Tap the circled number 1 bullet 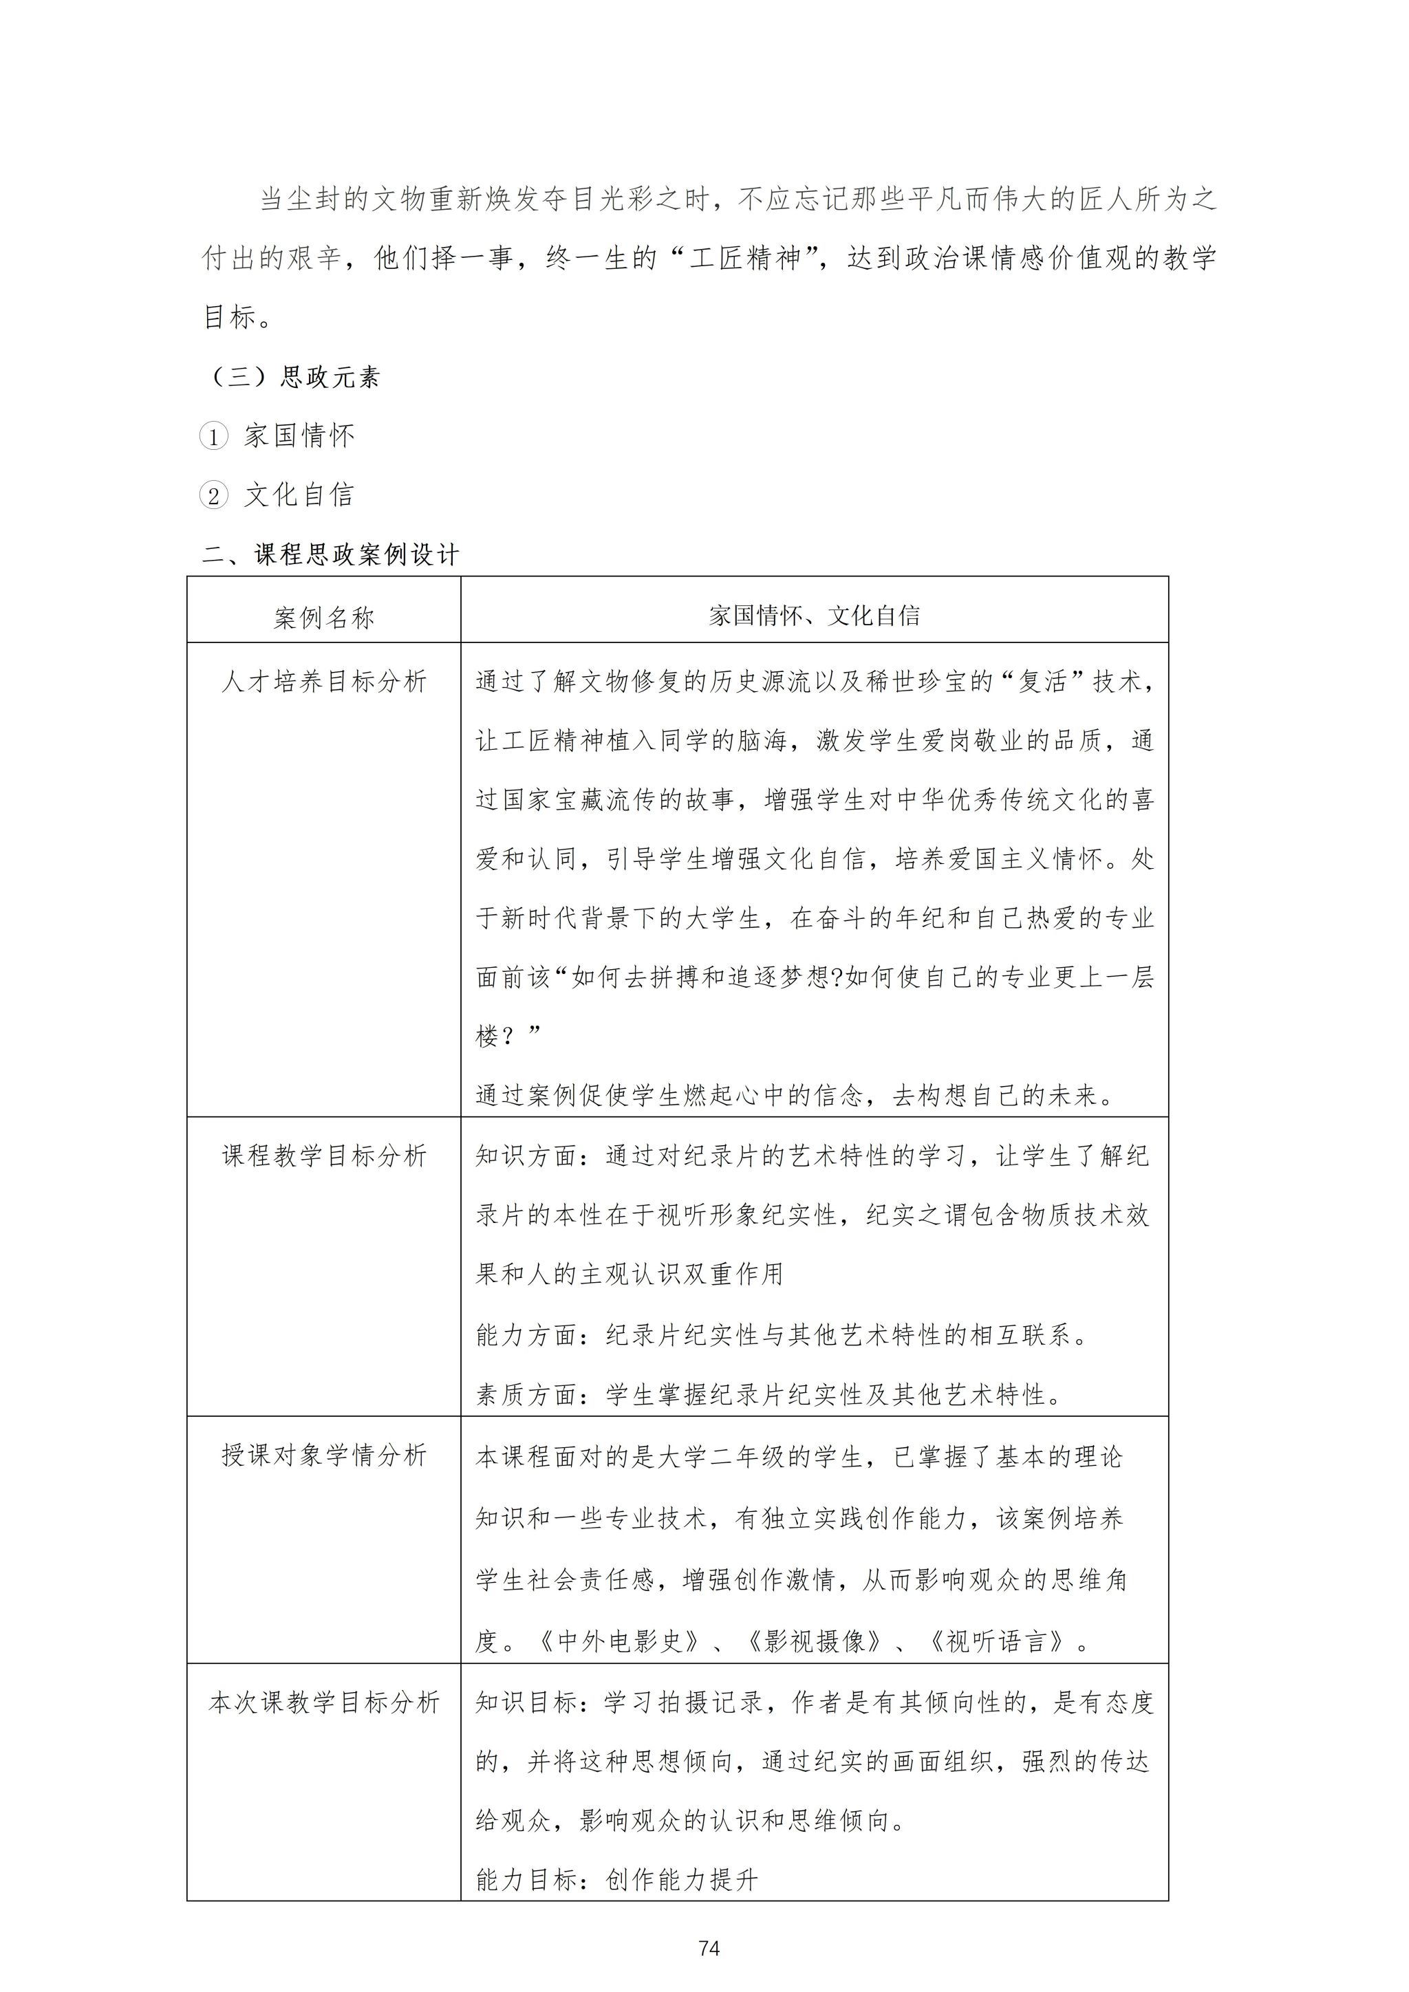[213, 436]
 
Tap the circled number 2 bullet [213, 495]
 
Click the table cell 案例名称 [323, 618]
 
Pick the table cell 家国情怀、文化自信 [814, 616]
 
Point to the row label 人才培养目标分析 [323, 682]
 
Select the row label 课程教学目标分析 [323, 1156]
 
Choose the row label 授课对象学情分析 [323, 1455]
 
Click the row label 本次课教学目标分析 [323, 1702]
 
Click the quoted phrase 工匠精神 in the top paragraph [745, 259]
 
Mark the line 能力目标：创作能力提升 [617, 1879]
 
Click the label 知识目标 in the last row [526, 1702]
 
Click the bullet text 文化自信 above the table [299, 495]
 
